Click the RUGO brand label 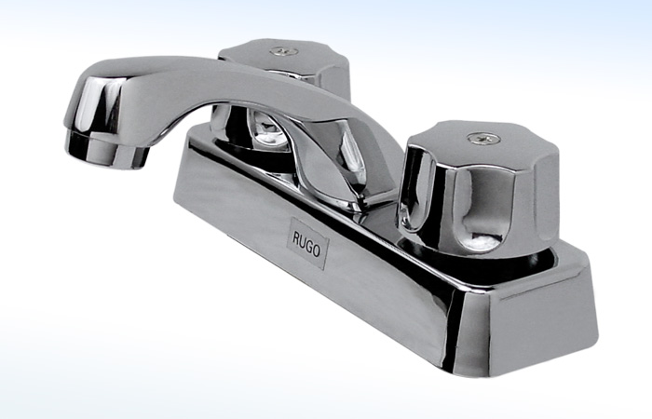(306, 243)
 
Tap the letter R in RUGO (295, 237)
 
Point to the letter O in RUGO (317, 250)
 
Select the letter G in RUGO (309, 246)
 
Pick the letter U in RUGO (302, 241)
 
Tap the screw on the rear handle (284, 51)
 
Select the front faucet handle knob (478, 187)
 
